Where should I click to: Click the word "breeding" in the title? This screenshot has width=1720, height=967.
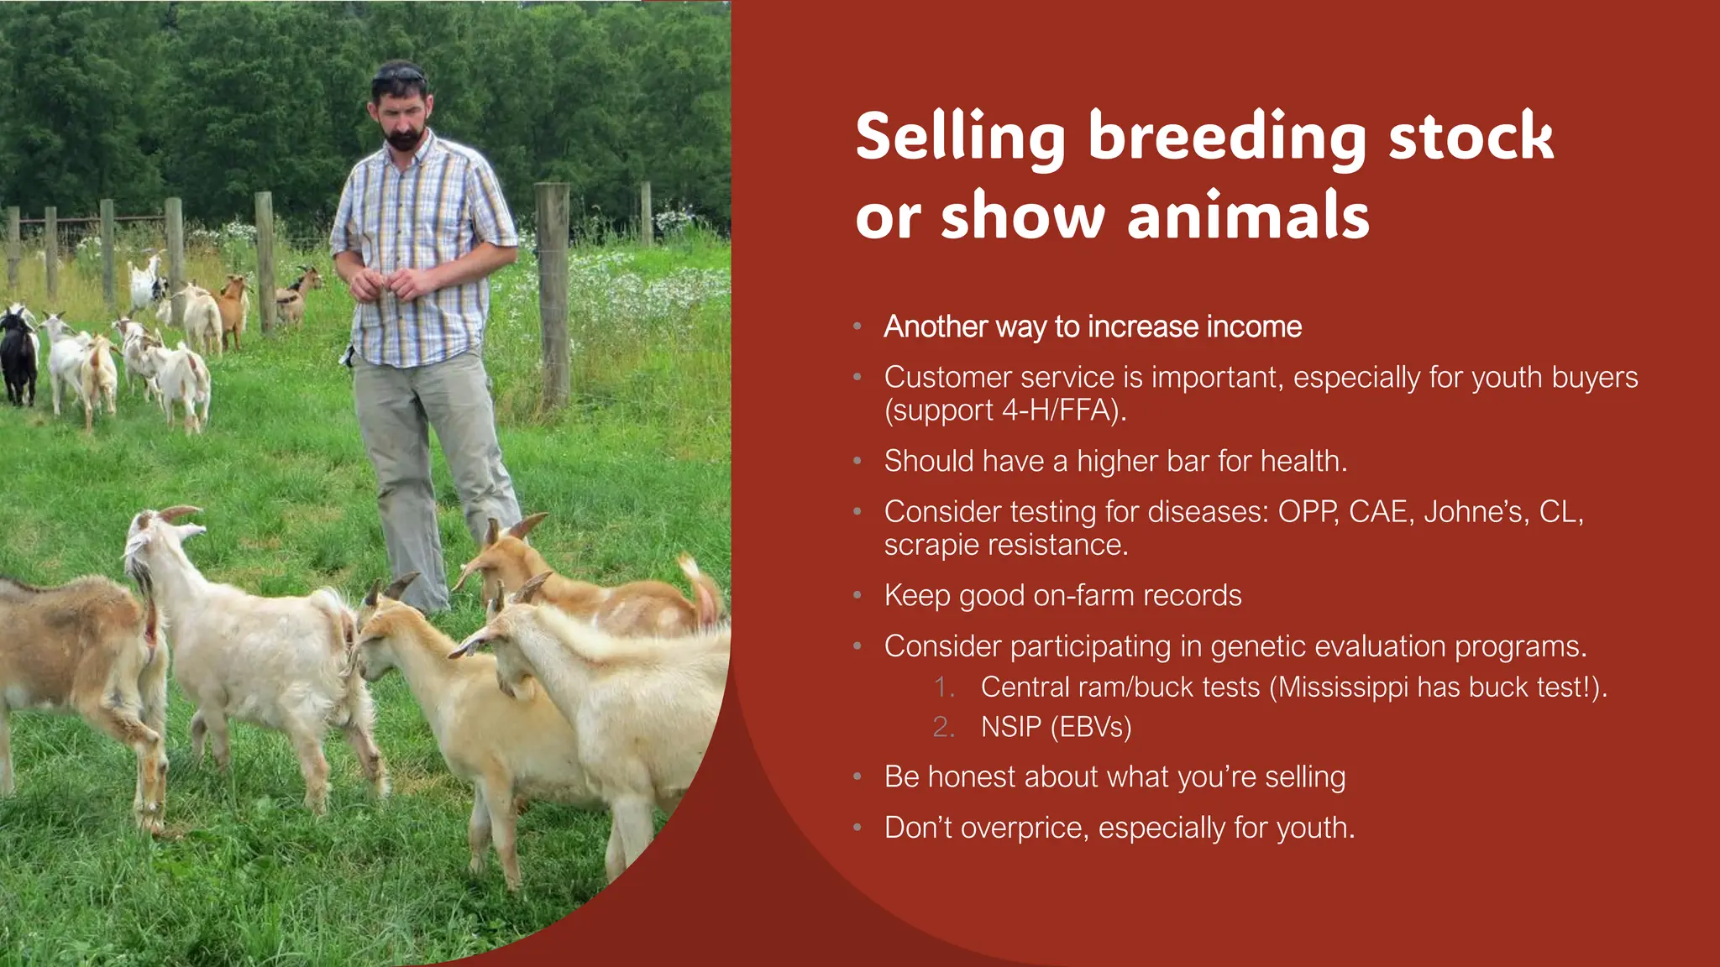(1228, 137)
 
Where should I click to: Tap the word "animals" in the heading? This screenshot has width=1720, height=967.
(1248, 216)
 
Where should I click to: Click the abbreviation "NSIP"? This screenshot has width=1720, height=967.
(1010, 727)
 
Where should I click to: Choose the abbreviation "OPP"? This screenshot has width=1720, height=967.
(1308, 511)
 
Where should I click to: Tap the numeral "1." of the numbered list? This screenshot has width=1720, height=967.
(944, 687)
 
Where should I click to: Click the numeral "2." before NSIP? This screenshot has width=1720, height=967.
(944, 727)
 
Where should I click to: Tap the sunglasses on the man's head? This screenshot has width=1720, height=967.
(400, 76)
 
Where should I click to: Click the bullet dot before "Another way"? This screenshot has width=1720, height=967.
(857, 327)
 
